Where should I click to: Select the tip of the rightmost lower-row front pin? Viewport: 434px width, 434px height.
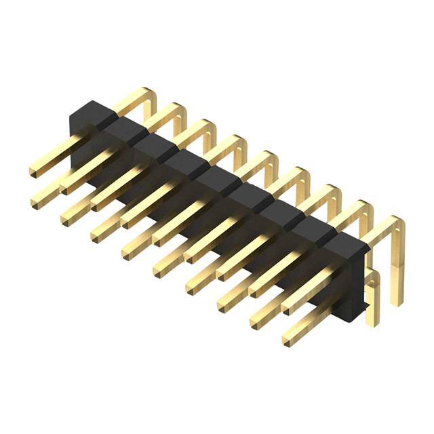tap(288, 337)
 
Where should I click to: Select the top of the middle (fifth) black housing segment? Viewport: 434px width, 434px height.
tap(216, 178)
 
